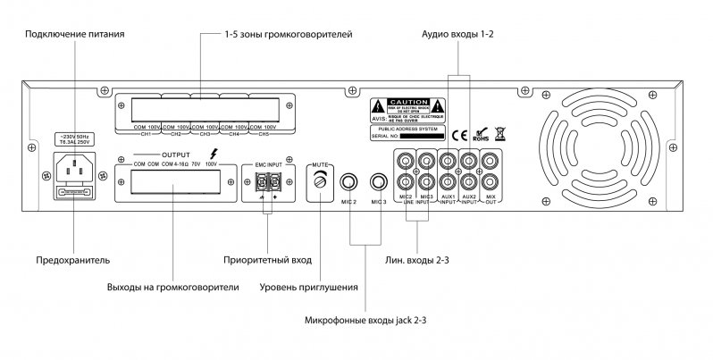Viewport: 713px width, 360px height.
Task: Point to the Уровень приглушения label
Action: [308, 288]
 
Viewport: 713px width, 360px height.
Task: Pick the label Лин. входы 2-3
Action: [419, 262]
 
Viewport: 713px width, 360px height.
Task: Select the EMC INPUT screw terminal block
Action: [266, 181]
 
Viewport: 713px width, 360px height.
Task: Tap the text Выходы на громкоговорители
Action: [173, 288]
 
